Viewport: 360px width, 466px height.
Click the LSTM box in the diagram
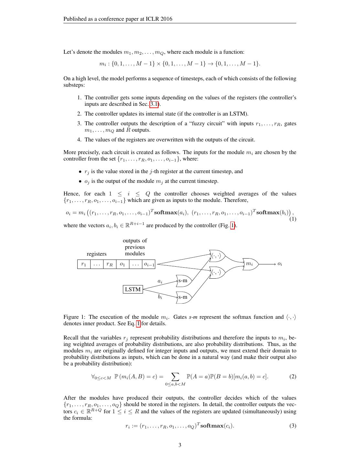click(x=133, y=289)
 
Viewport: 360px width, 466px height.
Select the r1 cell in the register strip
click(x=84, y=264)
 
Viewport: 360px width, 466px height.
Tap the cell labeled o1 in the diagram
click(x=122, y=264)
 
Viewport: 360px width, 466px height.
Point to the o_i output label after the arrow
click(x=279, y=264)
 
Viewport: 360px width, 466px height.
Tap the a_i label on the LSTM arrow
click(x=160, y=281)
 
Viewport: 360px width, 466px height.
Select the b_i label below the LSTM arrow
click(x=160, y=296)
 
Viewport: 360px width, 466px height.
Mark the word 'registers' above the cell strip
click(x=96, y=254)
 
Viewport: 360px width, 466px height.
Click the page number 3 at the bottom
click(x=180, y=445)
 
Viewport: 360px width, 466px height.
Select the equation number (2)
click(x=292, y=376)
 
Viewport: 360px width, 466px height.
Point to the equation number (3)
click(x=292, y=426)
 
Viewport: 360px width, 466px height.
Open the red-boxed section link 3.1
click(x=154, y=104)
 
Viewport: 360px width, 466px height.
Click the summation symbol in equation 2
click(x=175, y=376)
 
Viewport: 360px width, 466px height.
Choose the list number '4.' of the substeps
click(x=79, y=140)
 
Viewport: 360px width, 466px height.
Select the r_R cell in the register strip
click(x=110, y=264)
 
